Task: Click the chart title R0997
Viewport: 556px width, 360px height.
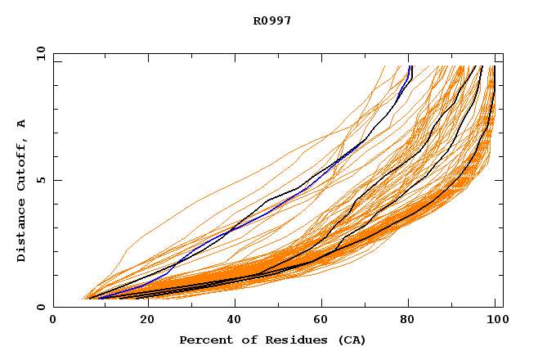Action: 271,20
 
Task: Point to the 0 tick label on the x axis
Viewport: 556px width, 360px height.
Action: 53,322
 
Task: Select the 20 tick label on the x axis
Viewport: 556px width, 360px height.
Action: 142,322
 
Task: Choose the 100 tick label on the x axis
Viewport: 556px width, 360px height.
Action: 497,322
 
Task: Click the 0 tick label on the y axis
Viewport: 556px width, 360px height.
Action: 40,308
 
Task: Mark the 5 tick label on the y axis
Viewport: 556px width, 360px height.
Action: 40,180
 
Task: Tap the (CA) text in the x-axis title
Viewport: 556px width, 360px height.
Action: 351,340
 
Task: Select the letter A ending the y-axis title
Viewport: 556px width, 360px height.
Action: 21,124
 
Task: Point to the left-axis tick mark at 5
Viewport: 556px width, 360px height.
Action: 56,180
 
